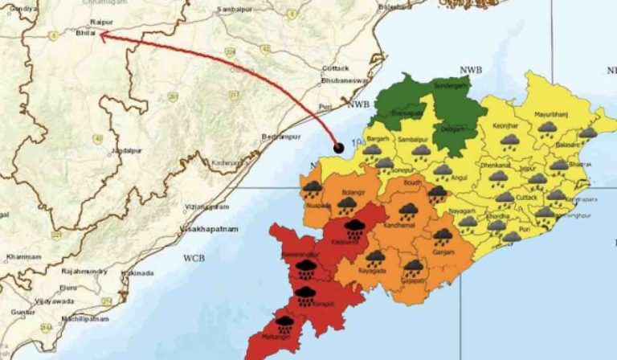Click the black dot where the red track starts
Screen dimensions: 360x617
[x=339, y=148]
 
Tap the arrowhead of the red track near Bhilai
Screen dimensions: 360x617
[x=102, y=34]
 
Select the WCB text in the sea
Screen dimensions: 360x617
[x=194, y=259]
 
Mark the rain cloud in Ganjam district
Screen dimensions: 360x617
[x=443, y=235]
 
